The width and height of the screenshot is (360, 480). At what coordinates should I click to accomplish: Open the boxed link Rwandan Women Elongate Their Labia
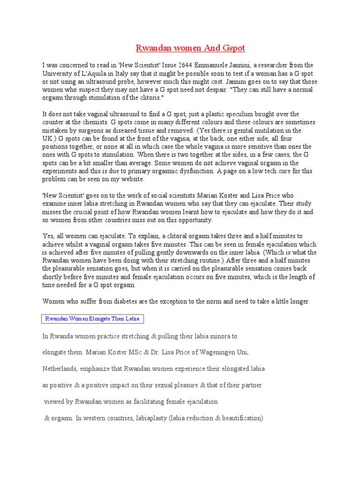92,319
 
